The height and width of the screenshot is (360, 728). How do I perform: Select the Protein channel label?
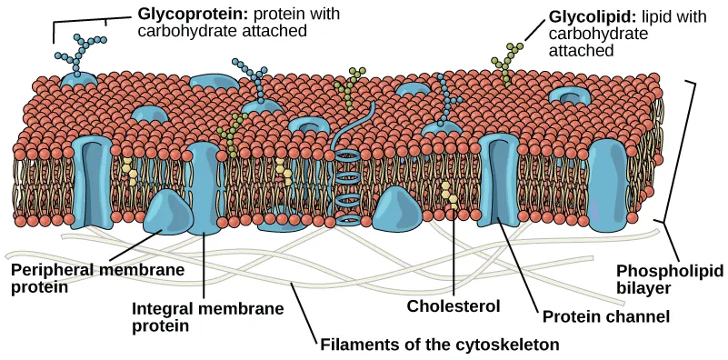coord(606,317)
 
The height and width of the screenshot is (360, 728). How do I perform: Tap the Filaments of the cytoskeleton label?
coord(438,345)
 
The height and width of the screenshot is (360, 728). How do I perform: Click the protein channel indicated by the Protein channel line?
coord(497,182)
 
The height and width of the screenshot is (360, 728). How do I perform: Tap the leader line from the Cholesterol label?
coord(453,255)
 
